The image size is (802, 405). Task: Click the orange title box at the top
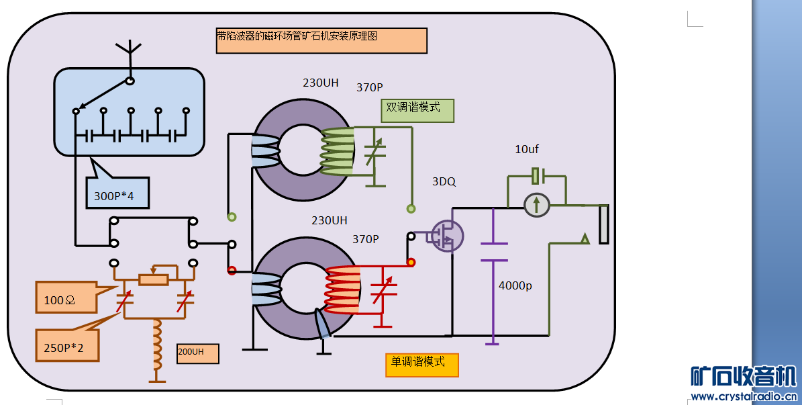point(321,40)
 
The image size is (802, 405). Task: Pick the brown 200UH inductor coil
point(158,344)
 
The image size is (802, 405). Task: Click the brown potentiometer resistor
point(153,279)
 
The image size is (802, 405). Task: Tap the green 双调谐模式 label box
point(417,110)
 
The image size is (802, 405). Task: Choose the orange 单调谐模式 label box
point(421,364)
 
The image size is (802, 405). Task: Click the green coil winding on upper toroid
point(338,151)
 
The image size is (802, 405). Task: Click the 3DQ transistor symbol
point(446,236)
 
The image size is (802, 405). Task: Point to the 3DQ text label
point(444,182)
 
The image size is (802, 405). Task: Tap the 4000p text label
point(515,285)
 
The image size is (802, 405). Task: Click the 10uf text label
point(527,149)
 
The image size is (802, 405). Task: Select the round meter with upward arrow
point(537,203)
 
